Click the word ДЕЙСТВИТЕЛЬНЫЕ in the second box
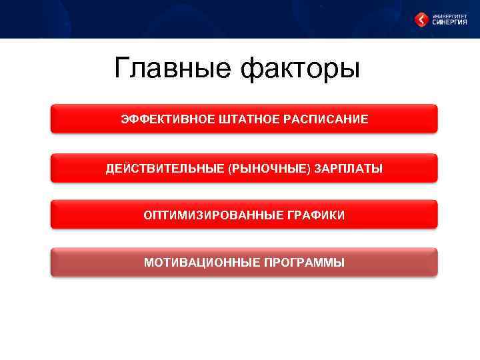(x=165, y=169)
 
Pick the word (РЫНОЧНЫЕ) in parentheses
(x=269, y=169)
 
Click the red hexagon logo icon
(x=421, y=20)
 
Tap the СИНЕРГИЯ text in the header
(x=450, y=23)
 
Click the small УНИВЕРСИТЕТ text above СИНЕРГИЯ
(x=449, y=15)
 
